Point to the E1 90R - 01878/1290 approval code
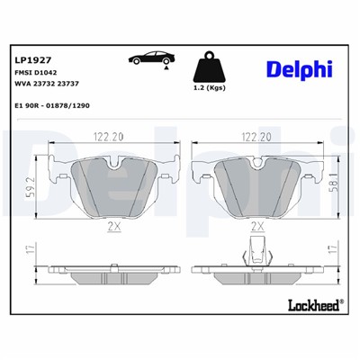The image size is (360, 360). click(x=52, y=105)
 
